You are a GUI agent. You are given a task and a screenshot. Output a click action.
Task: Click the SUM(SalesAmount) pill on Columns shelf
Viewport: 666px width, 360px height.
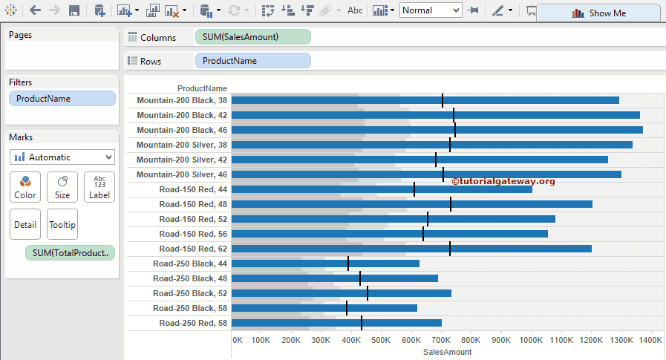click(252, 37)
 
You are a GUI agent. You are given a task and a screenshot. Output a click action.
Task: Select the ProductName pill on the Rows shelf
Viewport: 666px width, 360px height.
click(252, 61)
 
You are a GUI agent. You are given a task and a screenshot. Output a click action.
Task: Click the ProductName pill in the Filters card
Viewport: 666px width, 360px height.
click(62, 99)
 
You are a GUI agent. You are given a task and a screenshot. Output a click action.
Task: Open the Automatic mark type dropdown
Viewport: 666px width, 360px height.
click(62, 157)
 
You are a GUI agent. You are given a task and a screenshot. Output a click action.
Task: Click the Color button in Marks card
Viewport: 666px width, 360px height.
click(25, 187)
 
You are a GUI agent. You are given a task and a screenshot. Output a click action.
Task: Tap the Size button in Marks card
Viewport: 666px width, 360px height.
click(62, 187)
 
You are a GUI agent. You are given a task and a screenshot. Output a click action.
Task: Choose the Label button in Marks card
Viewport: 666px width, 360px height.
click(99, 187)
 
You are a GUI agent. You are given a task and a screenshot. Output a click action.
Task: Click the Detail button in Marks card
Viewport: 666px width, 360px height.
click(25, 224)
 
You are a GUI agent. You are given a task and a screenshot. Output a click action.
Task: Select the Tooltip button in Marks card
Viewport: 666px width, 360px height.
click(62, 224)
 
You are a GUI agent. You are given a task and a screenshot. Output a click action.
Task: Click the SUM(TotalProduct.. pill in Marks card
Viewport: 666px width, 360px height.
click(71, 253)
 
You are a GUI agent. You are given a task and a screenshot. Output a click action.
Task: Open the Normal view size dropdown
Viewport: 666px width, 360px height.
click(431, 10)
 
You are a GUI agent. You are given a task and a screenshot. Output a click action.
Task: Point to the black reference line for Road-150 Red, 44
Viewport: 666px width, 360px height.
click(414, 189)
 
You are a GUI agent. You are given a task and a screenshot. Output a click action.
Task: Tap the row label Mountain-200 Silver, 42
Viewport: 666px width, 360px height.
click(182, 160)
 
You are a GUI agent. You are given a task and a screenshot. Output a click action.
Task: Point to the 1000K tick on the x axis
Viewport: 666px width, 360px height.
click(531, 340)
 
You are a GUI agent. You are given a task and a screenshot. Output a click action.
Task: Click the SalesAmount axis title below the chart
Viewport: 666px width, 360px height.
click(447, 352)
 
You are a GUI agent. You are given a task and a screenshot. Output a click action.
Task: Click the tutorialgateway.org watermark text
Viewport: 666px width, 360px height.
click(503, 181)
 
